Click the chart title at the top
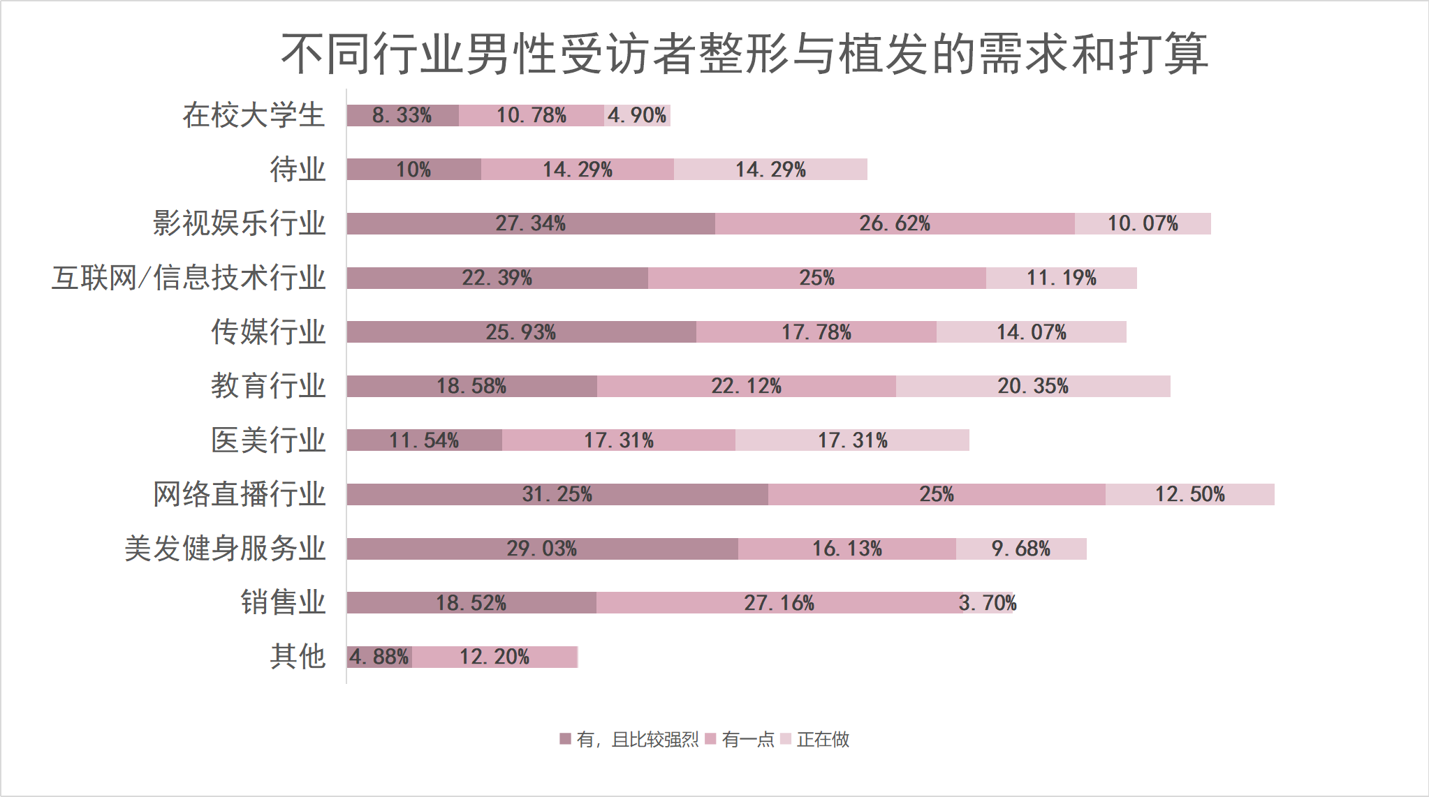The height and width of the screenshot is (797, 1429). [x=745, y=54]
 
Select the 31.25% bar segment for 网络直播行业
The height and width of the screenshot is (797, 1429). [x=557, y=494]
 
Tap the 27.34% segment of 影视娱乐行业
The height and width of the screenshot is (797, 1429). [x=531, y=223]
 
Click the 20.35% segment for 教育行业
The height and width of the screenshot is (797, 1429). [x=1033, y=386]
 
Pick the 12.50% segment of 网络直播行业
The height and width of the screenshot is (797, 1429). [x=1189, y=494]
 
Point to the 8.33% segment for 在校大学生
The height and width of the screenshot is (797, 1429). [x=402, y=115]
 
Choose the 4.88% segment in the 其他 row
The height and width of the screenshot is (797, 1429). [x=379, y=657]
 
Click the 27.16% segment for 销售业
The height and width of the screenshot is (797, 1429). [x=779, y=602]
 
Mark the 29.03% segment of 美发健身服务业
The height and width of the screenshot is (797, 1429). [x=542, y=549]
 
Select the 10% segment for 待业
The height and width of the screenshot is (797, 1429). [x=413, y=170]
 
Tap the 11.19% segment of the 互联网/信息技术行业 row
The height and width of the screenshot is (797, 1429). [x=1061, y=278]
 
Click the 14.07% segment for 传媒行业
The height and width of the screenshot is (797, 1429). [x=1031, y=332]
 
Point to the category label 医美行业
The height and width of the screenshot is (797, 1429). [x=268, y=440]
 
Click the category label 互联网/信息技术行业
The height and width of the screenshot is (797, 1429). [x=189, y=278]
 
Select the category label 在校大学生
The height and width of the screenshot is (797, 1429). [x=254, y=115]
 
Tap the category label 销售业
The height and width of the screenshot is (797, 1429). [x=283, y=602]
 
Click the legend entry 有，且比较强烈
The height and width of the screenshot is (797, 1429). [x=629, y=739]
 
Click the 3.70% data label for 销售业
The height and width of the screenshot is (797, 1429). [x=988, y=602]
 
